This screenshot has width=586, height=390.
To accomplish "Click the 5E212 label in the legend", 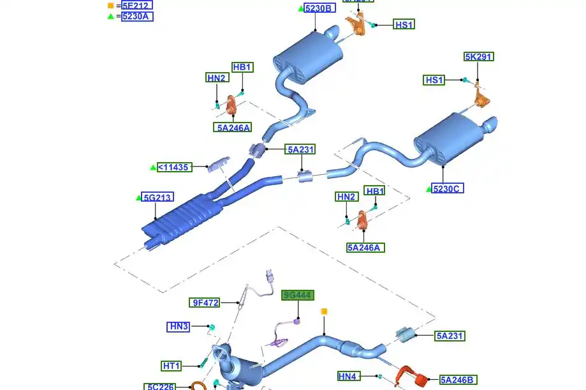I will (137, 5).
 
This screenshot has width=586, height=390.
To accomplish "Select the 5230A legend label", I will (137, 16).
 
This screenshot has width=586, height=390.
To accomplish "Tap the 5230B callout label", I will (319, 8).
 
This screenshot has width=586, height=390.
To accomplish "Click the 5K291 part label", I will (478, 57).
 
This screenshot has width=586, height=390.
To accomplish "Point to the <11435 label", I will (173, 167).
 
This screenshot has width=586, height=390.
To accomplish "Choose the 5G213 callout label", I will (157, 197).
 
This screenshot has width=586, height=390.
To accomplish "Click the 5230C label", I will (448, 188).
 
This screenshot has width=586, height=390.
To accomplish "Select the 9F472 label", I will (205, 303).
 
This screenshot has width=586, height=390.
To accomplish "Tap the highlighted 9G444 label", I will (298, 295).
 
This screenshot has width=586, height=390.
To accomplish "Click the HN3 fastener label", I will (179, 326).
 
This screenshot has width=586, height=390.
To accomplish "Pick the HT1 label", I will (172, 366).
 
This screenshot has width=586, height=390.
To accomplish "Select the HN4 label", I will (349, 376).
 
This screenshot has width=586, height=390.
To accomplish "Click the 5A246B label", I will (457, 380).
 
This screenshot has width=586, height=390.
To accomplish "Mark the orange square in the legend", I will (110, 5).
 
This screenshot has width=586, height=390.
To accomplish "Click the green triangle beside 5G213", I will (138, 198).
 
